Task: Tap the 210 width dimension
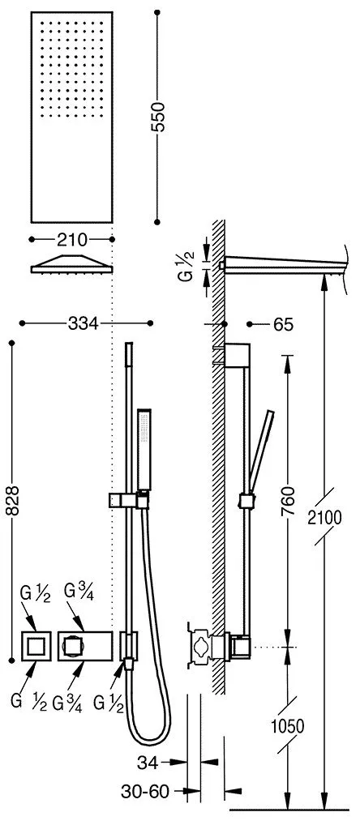[x=72, y=240]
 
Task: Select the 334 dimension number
[x=84, y=323]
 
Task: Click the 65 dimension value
[x=283, y=325]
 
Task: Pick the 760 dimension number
[x=287, y=502]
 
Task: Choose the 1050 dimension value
[x=288, y=727]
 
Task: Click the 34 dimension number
[x=148, y=763]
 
